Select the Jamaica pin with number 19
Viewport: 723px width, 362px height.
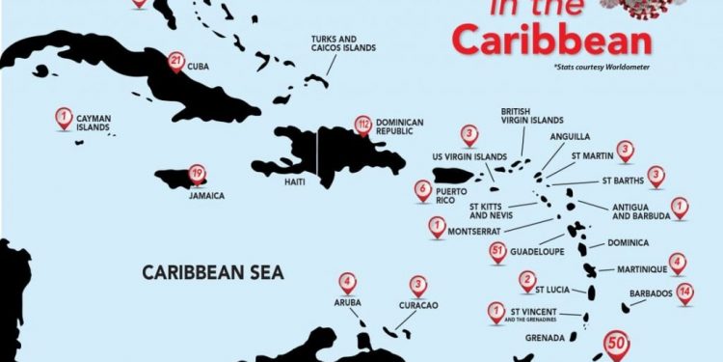[x=197, y=175]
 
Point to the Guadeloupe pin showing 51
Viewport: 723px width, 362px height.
[x=497, y=252]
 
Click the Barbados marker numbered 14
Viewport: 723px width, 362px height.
[x=684, y=292]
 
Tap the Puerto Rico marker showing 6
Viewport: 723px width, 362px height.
[x=422, y=190]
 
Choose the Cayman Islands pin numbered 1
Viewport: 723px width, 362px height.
[x=64, y=119]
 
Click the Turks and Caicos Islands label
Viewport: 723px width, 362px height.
[x=343, y=43]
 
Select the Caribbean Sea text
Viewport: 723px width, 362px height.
[x=213, y=272]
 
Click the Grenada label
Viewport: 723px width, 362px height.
[x=545, y=339]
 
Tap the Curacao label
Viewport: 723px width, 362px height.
[x=417, y=305]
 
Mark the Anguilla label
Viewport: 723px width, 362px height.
[x=570, y=137]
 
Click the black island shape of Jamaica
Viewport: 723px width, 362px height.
[x=180, y=179]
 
